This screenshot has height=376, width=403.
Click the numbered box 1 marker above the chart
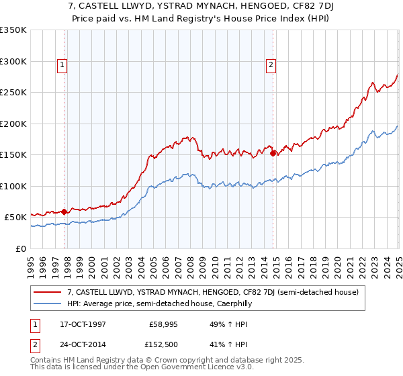(62, 65)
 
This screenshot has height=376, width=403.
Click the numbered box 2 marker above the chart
(270, 65)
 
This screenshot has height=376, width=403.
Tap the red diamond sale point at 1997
(64, 211)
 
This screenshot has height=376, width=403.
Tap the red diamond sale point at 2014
(273, 153)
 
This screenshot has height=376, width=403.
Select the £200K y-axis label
(13, 124)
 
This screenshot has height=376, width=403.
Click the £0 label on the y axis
(21, 248)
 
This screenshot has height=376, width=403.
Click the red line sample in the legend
(48, 293)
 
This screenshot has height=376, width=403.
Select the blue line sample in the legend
(48, 304)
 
